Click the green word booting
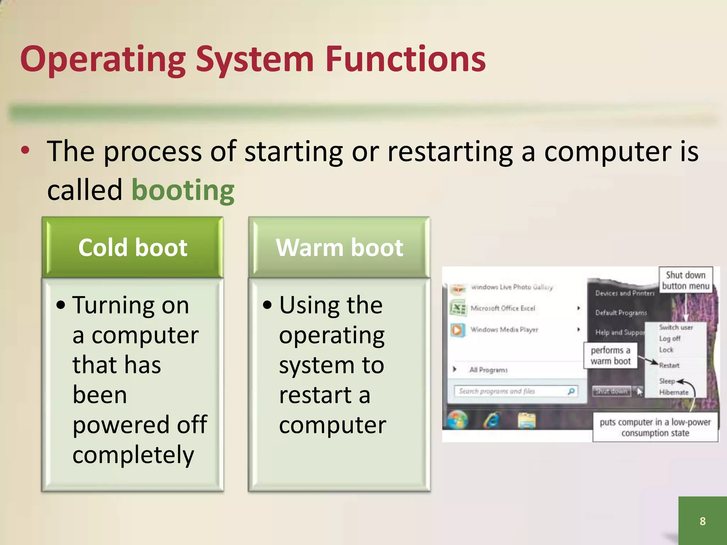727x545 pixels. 183,191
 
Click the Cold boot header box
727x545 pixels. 132,247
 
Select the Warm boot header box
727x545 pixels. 339,247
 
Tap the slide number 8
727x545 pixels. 702,521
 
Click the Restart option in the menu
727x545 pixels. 669,365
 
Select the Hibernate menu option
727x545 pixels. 673,392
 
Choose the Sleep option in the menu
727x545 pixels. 667,381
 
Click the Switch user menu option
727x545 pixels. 676,327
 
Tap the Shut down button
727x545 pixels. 612,391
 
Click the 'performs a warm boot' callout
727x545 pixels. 611,356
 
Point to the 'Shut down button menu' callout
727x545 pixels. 685,280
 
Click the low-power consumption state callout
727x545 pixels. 655,427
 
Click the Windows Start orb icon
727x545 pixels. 458,421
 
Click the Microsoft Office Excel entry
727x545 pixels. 502,308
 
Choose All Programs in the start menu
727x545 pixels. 488,370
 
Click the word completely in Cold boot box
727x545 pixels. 133,455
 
